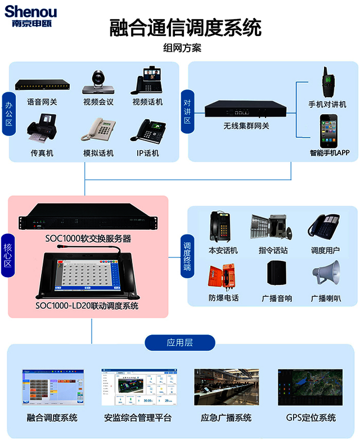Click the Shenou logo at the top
pyautogui.click(x=30, y=16)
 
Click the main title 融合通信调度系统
pyautogui.click(x=185, y=28)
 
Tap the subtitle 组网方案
pyautogui.click(x=182, y=48)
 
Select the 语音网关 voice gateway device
pyautogui.click(x=42, y=85)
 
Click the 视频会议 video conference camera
pyautogui.click(x=98, y=82)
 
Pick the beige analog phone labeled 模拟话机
pyautogui.click(x=98, y=129)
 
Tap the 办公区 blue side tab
pyautogui.click(x=9, y=114)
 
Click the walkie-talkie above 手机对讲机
pyautogui.click(x=328, y=82)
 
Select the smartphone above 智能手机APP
pyautogui.click(x=328, y=131)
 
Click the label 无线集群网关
pyautogui.click(x=246, y=126)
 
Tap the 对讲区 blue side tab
pyautogui.click(x=187, y=111)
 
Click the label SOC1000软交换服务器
pyautogui.click(x=88, y=239)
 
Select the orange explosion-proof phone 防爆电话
pyautogui.click(x=222, y=277)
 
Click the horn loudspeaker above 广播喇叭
pyautogui.click(x=326, y=272)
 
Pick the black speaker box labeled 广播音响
pyautogui.click(x=277, y=273)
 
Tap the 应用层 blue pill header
pyautogui.click(x=179, y=343)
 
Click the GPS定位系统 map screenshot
pyautogui.click(x=310, y=387)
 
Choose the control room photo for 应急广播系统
pyautogui.click(x=226, y=387)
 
